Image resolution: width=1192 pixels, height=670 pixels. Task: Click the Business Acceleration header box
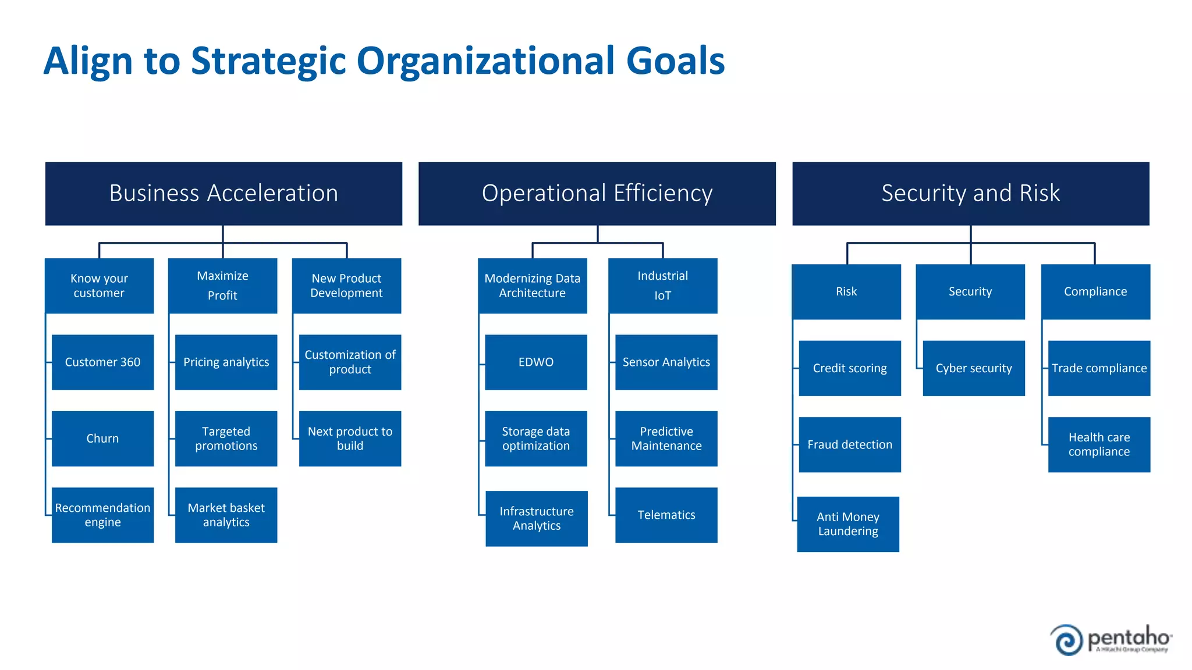tap(223, 194)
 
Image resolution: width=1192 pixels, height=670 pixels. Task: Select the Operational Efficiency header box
tap(597, 194)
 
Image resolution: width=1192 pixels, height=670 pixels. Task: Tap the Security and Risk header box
tap(970, 194)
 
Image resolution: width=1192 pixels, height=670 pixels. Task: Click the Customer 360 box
tap(102, 362)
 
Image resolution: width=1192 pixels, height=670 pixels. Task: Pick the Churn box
tap(102, 439)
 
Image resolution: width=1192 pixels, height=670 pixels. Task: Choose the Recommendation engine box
tap(102, 515)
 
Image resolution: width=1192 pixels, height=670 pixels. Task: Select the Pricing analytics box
tap(226, 362)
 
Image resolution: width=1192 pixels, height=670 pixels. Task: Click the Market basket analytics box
tap(226, 515)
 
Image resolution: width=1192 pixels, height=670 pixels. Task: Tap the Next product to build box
tap(350, 439)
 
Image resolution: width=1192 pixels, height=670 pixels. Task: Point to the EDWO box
tap(535, 362)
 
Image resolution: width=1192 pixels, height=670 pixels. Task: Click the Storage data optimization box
tap(535, 439)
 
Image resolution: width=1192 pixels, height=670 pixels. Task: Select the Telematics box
tap(666, 515)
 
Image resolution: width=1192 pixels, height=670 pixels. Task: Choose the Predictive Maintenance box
tap(666, 439)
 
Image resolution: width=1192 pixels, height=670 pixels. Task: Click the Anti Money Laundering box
tap(847, 524)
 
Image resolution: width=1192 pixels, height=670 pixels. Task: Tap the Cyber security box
tap(973, 368)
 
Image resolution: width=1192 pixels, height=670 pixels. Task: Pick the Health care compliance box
tap(1099, 444)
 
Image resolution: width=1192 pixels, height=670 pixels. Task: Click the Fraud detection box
tap(849, 444)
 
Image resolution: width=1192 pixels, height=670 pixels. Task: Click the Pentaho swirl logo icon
tap(1067, 640)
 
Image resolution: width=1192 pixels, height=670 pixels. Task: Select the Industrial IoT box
tap(662, 286)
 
